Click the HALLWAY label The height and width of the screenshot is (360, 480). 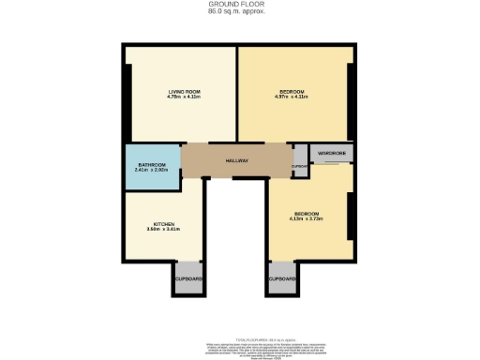point(235,161)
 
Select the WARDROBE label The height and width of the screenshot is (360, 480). point(332,153)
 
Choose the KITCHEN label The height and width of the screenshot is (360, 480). point(165,224)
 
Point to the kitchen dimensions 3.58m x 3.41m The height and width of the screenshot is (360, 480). point(165,230)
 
